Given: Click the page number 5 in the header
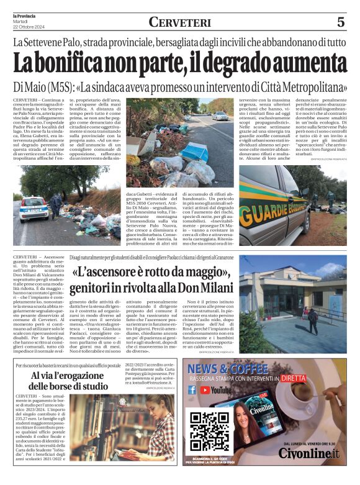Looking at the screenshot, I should click(341, 22).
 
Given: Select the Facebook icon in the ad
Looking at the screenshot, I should click(192, 390).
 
